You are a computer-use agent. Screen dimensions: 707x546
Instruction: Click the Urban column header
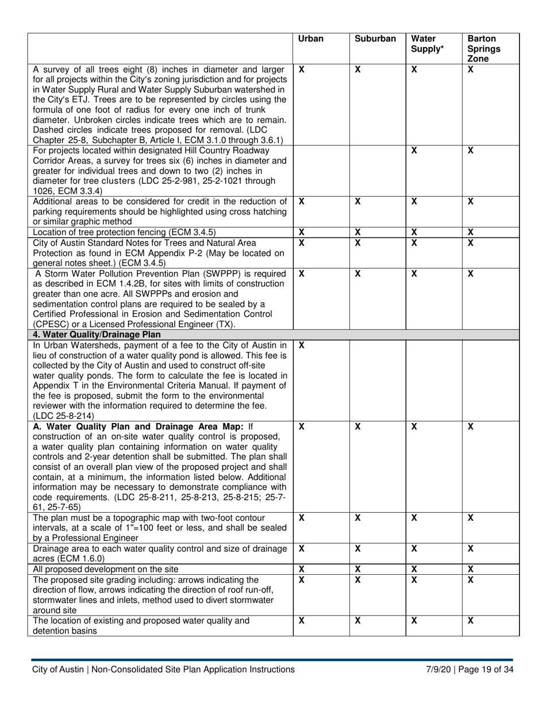311,39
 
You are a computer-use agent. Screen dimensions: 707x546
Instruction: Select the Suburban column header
375,39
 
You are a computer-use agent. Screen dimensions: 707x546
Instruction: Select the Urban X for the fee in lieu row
302,345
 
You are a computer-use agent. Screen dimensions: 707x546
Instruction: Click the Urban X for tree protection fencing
302,232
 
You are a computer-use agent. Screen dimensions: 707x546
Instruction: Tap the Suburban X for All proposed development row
357,568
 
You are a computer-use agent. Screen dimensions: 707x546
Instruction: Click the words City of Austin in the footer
57,669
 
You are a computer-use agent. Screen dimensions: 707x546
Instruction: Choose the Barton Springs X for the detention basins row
470,621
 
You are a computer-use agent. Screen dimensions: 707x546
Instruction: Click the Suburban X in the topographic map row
357,518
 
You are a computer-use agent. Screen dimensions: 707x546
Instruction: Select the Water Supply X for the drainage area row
414,549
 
